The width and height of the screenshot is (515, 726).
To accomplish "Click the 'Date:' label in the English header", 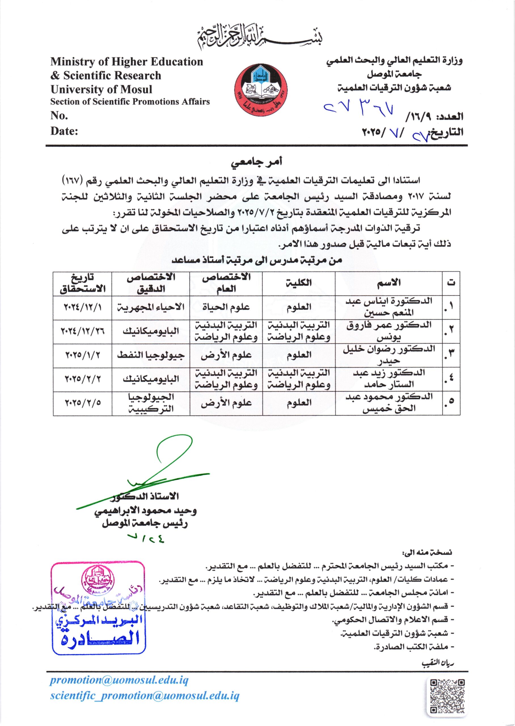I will (x=64, y=131).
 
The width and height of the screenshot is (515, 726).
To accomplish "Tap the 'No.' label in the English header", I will (x=59, y=115).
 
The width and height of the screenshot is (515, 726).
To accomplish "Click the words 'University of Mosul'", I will (x=102, y=89).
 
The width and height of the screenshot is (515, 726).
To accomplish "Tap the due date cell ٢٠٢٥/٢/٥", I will (x=83, y=403).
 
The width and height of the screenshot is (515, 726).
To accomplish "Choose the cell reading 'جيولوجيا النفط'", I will (x=151, y=355).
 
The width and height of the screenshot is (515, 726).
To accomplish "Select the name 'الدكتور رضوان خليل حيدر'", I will (x=389, y=355).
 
